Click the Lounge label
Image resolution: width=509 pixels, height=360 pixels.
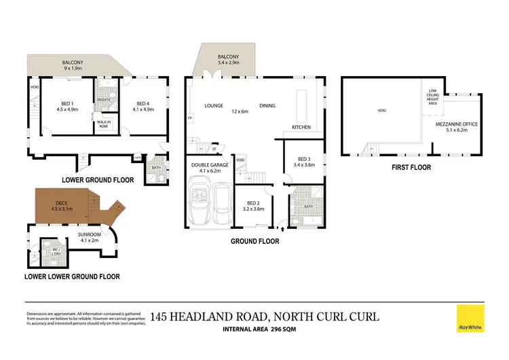tap(214, 106)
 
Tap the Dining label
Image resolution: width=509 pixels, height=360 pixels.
tap(267, 106)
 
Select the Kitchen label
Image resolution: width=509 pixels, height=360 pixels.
tap(301, 128)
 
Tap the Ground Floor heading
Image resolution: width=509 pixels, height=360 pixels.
tap(254, 241)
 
